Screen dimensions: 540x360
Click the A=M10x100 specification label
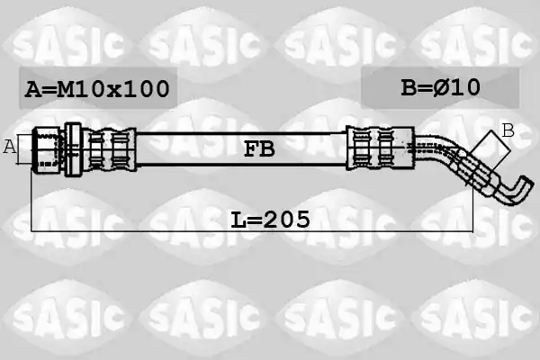click(x=97, y=88)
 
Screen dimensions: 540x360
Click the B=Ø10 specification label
click(x=440, y=87)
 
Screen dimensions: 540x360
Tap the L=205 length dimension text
click(x=270, y=220)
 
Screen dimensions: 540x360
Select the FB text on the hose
click(x=259, y=149)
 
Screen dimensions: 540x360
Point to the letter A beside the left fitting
click(x=9, y=147)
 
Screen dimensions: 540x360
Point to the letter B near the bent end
click(x=508, y=130)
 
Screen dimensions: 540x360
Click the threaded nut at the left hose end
click(x=47, y=149)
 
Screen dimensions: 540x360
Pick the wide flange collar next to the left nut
click(x=73, y=149)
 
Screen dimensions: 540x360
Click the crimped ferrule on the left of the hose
click(x=110, y=149)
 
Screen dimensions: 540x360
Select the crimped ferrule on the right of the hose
click(x=380, y=148)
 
